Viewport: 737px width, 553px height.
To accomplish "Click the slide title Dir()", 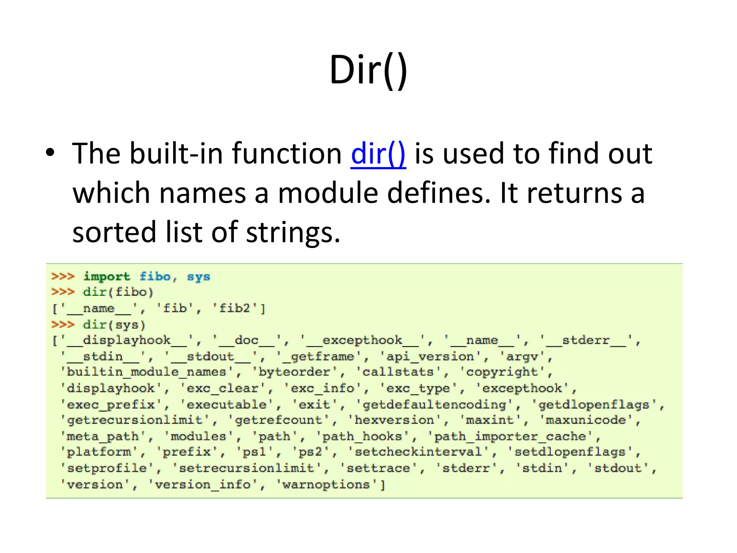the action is (x=368, y=70).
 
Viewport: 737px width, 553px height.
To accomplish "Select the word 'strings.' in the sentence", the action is (x=293, y=232).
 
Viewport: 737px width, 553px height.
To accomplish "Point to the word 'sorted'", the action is (x=115, y=232).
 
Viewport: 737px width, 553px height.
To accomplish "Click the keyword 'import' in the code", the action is (x=107, y=276).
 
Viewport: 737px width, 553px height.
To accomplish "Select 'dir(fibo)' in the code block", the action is (x=118, y=292).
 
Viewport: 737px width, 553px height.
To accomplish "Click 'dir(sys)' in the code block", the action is (x=114, y=325).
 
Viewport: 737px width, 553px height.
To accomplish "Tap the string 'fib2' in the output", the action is (x=234, y=309).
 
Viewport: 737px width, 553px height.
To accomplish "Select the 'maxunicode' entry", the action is (x=585, y=420).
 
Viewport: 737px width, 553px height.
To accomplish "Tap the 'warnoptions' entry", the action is (x=326, y=485).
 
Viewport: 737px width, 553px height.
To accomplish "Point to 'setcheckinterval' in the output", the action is (x=418, y=452).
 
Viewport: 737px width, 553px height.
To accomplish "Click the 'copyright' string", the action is (x=502, y=372).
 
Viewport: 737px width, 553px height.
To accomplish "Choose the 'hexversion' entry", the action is (x=394, y=420).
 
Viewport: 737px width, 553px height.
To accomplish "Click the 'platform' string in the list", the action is (x=99, y=452).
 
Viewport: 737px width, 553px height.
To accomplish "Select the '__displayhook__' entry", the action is (x=127, y=341).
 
